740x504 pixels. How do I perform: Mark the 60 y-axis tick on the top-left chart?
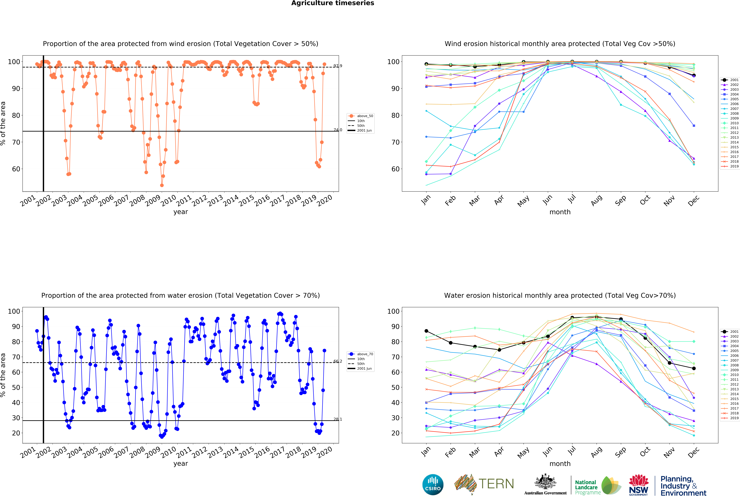(x=16, y=169)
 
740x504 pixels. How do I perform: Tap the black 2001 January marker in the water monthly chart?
(x=426, y=331)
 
